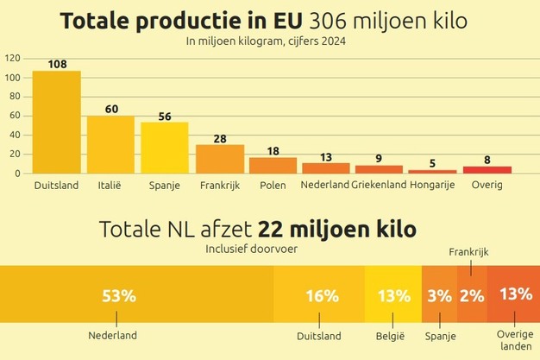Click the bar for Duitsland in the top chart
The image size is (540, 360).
[56, 122]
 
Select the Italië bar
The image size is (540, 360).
[110, 144]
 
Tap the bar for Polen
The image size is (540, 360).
[273, 165]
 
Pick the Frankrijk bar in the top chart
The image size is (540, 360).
[219, 159]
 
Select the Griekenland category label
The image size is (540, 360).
[380, 186]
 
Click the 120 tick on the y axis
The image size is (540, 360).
[12, 59]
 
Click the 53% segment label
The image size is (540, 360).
[119, 295]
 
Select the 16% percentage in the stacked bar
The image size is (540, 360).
[321, 295]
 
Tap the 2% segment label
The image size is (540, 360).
[471, 295]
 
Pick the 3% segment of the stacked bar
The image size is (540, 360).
[438, 295]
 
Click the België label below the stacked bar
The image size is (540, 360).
[392, 336]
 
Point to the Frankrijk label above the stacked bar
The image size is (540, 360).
[469, 252]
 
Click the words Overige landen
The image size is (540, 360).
[515, 340]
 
